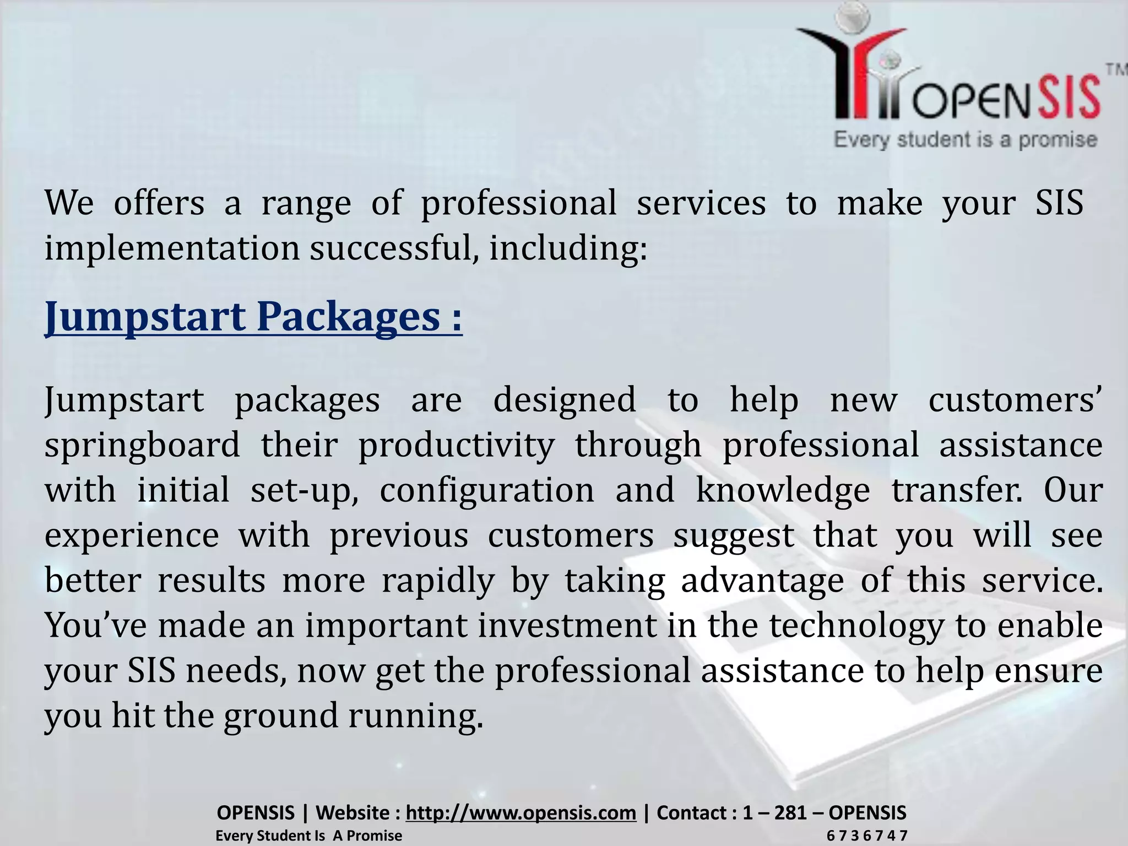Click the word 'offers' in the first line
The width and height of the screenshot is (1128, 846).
pyautogui.click(x=159, y=203)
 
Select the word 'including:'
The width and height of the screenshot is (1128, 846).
pyautogui.click(x=568, y=248)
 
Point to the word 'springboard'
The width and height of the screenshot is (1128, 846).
pyautogui.click(x=142, y=446)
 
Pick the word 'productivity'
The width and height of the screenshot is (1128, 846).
pyautogui.click(x=456, y=446)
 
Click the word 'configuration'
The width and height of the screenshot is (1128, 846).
pyautogui.click(x=487, y=490)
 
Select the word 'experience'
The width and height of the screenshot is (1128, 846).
pyautogui.click(x=132, y=535)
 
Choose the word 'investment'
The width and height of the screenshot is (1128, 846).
pyautogui.click(x=567, y=626)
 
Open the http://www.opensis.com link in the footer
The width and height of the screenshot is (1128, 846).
pyautogui.click(x=520, y=812)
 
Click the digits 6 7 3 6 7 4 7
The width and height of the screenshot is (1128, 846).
pyautogui.click(x=866, y=836)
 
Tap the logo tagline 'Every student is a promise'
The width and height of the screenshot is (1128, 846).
pyautogui.click(x=965, y=140)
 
